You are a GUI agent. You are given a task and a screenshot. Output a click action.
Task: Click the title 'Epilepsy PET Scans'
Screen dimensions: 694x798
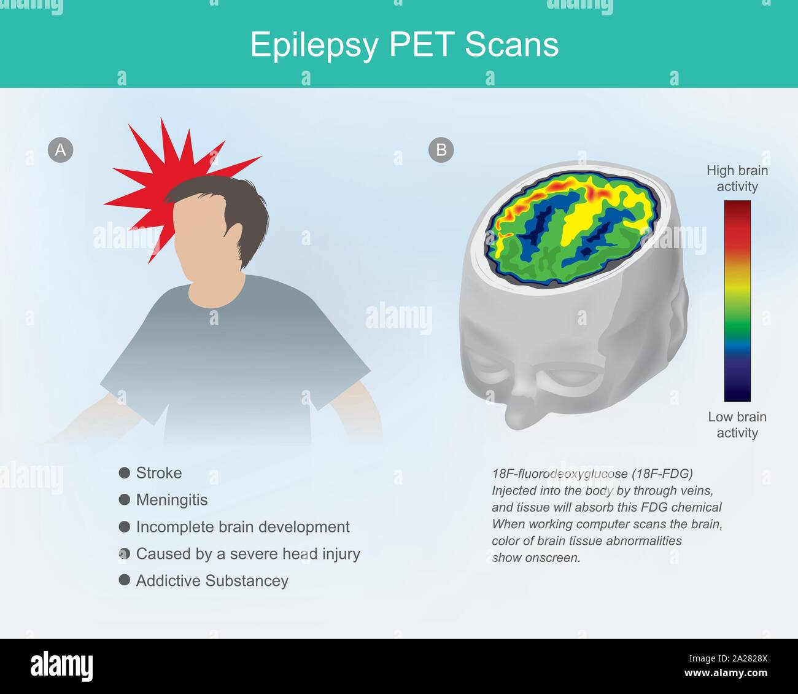[x=404, y=44]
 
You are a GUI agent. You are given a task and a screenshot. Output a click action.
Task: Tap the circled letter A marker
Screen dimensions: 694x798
[x=60, y=150]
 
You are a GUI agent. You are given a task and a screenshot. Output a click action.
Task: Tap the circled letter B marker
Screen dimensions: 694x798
[x=441, y=150]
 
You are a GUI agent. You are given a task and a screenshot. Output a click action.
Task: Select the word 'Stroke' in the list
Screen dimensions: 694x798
[x=159, y=473]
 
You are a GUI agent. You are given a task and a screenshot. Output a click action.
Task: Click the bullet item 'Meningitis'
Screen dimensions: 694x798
[x=172, y=500]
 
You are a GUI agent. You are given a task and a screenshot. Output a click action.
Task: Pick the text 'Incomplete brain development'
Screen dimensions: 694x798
[x=242, y=527]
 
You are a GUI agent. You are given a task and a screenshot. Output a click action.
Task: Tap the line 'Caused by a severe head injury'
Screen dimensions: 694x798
[x=248, y=554]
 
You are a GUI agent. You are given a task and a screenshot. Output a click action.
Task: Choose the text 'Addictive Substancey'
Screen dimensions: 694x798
[x=212, y=581]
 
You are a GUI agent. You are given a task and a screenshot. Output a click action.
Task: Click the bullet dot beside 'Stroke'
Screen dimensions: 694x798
[x=125, y=473]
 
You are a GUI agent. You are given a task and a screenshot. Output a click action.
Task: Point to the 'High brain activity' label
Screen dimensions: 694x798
[x=737, y=178]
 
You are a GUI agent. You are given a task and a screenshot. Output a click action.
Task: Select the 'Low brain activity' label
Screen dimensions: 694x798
[x=737, y=425]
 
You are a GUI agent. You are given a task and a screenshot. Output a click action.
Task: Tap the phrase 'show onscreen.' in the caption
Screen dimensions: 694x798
[x=536, y=558]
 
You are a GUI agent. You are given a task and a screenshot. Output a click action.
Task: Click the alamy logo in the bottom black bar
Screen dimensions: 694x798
[x=61, y=666]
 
